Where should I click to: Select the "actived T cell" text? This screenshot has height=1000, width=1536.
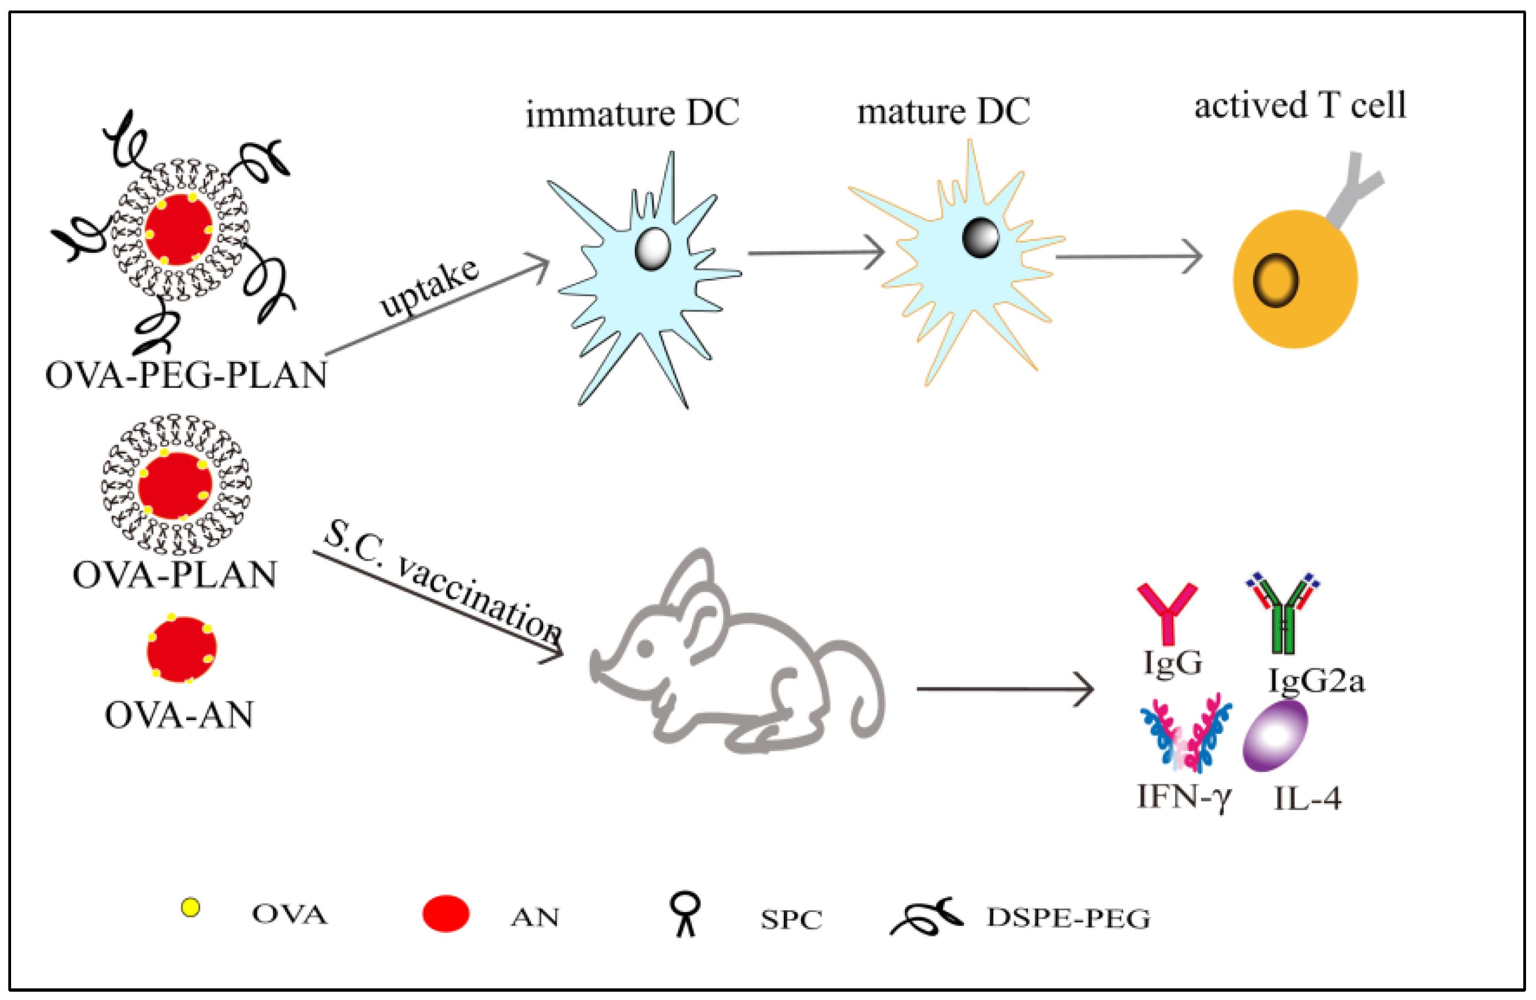click(x=1300, y=105)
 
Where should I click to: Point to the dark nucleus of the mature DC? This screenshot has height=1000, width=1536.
click(x=980, y=237)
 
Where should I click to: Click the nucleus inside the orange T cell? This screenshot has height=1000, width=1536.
click(x=1275, y=281)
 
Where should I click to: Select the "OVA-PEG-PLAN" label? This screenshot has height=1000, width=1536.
click(x=186, y=375)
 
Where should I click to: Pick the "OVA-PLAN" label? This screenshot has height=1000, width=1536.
click(x=174, y=574)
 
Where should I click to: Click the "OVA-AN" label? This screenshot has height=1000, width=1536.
click(x=179, y=715)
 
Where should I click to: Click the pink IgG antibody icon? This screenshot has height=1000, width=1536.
click(x=1167, y=613)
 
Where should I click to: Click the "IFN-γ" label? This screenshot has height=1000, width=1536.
click(x=1185, y=798)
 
